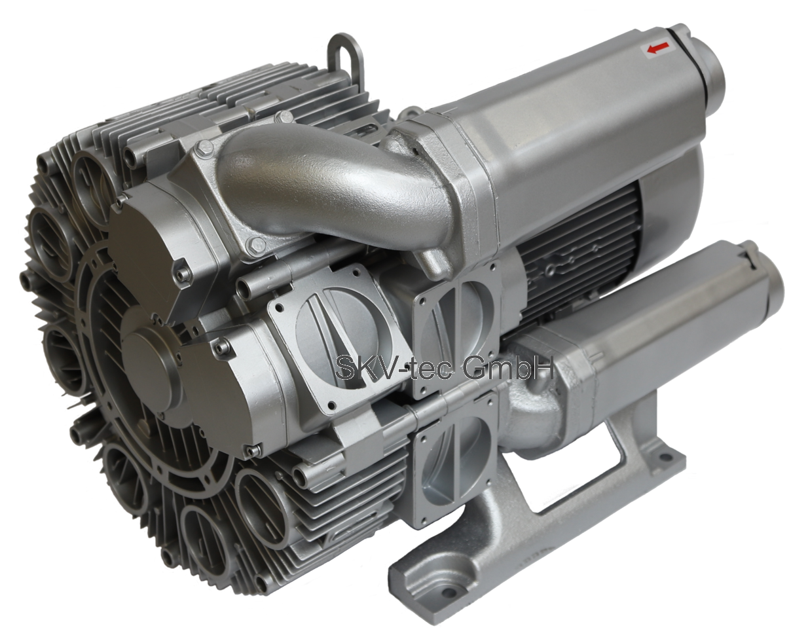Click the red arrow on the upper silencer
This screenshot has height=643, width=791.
(657, 48)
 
